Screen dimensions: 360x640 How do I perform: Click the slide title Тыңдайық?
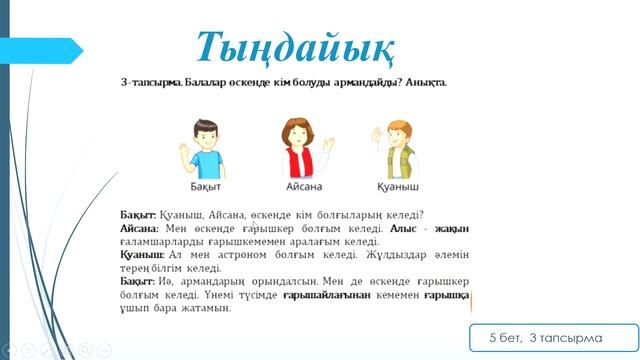coord(294,45)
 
